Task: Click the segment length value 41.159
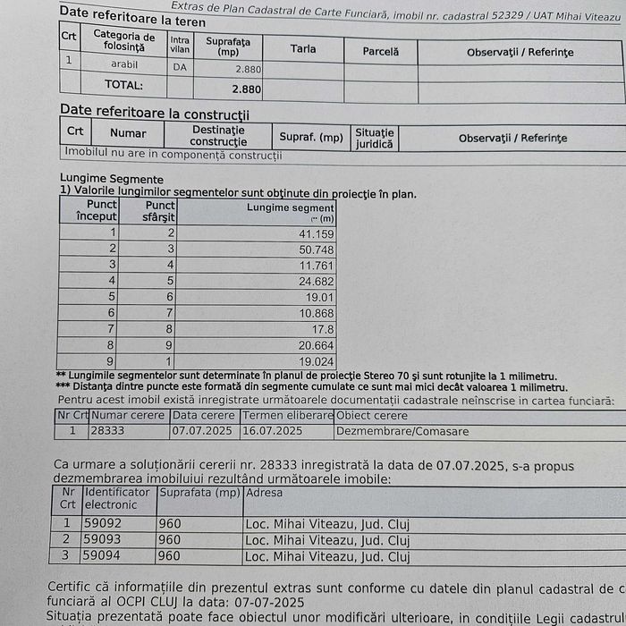tap(316, 233)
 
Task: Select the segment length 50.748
tap(316, 250)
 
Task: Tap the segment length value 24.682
tap(316, 281)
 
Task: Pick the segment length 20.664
tap(316, 344)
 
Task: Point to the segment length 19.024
tap(316, 361)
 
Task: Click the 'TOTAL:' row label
tap(123, 86)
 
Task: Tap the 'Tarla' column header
tap(303, 48)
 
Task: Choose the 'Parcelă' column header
tap(380, 51)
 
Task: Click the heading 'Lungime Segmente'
tap(99, 179)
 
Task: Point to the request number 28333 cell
tap(108, 430)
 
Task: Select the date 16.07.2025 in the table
tap(273, 430)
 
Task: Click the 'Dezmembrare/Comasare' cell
tap(402, 431)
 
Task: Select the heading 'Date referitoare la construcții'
tap(154, 113)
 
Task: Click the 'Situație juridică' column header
tap(374, 138)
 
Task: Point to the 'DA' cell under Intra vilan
tap(180, 66)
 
